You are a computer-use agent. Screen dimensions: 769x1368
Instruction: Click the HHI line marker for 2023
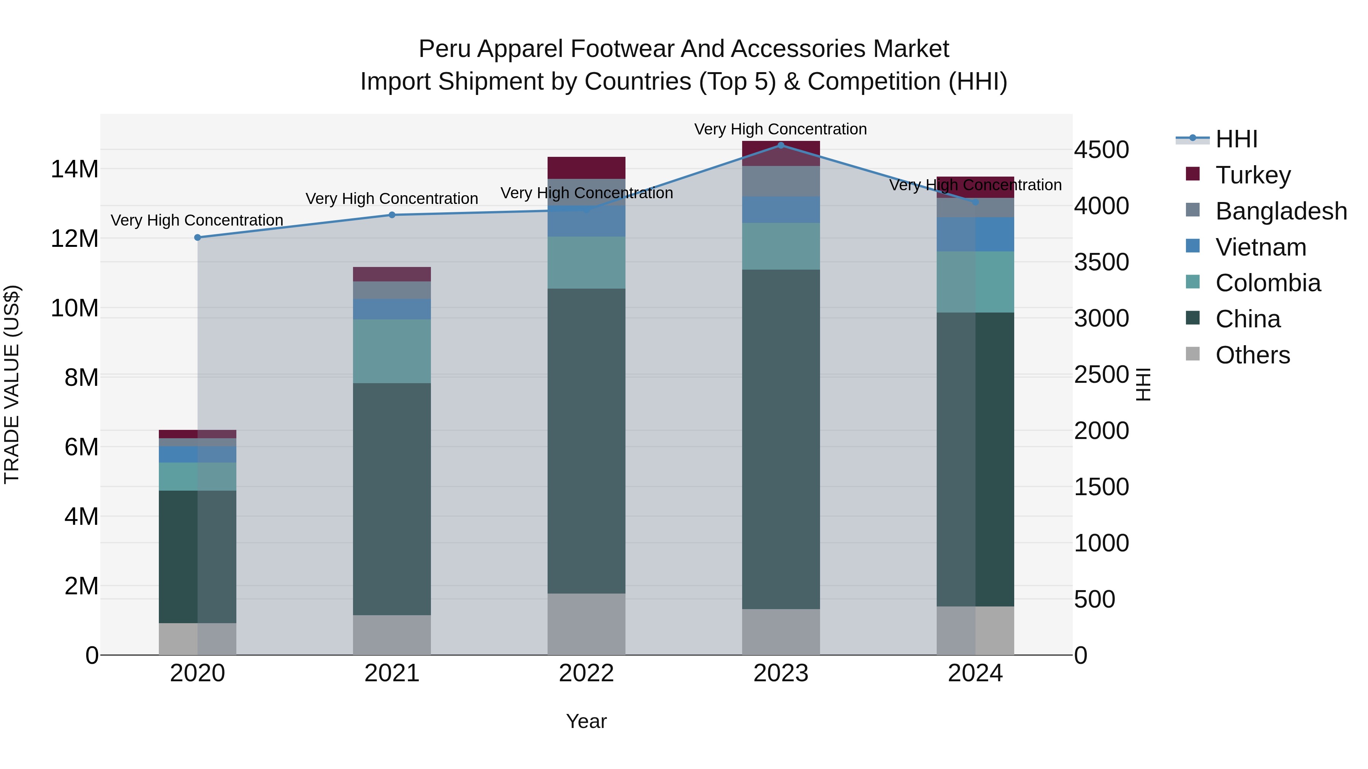(781, 145)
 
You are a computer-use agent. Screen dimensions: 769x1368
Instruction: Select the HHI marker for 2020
(198, 237)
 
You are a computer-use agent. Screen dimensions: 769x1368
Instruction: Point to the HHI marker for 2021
(392, 215)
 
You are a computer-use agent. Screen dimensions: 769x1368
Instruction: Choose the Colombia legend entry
(1268, 283)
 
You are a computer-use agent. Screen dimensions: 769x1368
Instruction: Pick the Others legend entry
(1252, 355)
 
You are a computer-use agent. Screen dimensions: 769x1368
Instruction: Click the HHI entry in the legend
(1236, 139)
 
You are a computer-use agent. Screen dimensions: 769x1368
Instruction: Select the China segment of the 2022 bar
(586, 441)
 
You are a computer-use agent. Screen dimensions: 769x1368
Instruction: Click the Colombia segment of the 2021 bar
(392, 351)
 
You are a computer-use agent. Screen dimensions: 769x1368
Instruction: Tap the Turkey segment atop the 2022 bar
(586, 168)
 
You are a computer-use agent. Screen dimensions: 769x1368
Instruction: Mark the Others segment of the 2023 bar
(781, 632)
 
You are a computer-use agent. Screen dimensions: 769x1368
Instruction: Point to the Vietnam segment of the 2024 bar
(975, 234)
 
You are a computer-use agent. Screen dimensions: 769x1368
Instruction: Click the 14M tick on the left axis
(74, 169)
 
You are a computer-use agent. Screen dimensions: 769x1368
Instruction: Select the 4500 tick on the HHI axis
(1101, 150)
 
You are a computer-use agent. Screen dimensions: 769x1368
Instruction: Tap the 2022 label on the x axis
(586, 673)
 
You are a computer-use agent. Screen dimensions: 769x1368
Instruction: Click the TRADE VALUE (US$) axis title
(12, 384)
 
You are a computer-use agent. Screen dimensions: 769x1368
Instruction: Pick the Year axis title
(586, 721)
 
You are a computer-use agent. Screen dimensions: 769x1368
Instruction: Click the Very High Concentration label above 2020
(197, 220)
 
